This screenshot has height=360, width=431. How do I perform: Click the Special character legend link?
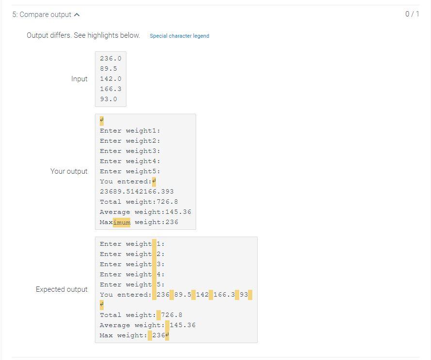coord(179,36)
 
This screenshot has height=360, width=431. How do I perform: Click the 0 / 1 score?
coord(412,14)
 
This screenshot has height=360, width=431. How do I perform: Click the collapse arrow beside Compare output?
coord(77,15)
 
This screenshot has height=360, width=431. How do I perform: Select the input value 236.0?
coord(110,59)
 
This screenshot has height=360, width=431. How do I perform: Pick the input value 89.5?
coord(108,69)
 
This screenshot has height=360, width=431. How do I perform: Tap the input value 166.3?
coord(110,89)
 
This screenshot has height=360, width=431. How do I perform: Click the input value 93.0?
coord(108,99)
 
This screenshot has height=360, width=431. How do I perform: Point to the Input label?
coord(79,79)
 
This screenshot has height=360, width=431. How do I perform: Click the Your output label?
coord(69,171)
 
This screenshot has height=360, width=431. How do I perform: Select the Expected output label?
coord(62,289)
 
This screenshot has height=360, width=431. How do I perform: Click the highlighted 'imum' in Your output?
coord(122,222)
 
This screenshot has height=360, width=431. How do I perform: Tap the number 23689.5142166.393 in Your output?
coord(137,192)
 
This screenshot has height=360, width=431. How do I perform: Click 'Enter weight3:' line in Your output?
coord(130,151)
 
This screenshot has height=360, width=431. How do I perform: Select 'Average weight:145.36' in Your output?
coord(145,212)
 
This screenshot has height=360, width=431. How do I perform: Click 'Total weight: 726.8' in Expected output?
coord(141,315)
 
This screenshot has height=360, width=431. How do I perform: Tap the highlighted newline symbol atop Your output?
coord(102,120)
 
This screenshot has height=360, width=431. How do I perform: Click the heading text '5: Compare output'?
coord(42,15)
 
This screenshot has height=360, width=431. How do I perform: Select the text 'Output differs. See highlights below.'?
coord(83,35)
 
